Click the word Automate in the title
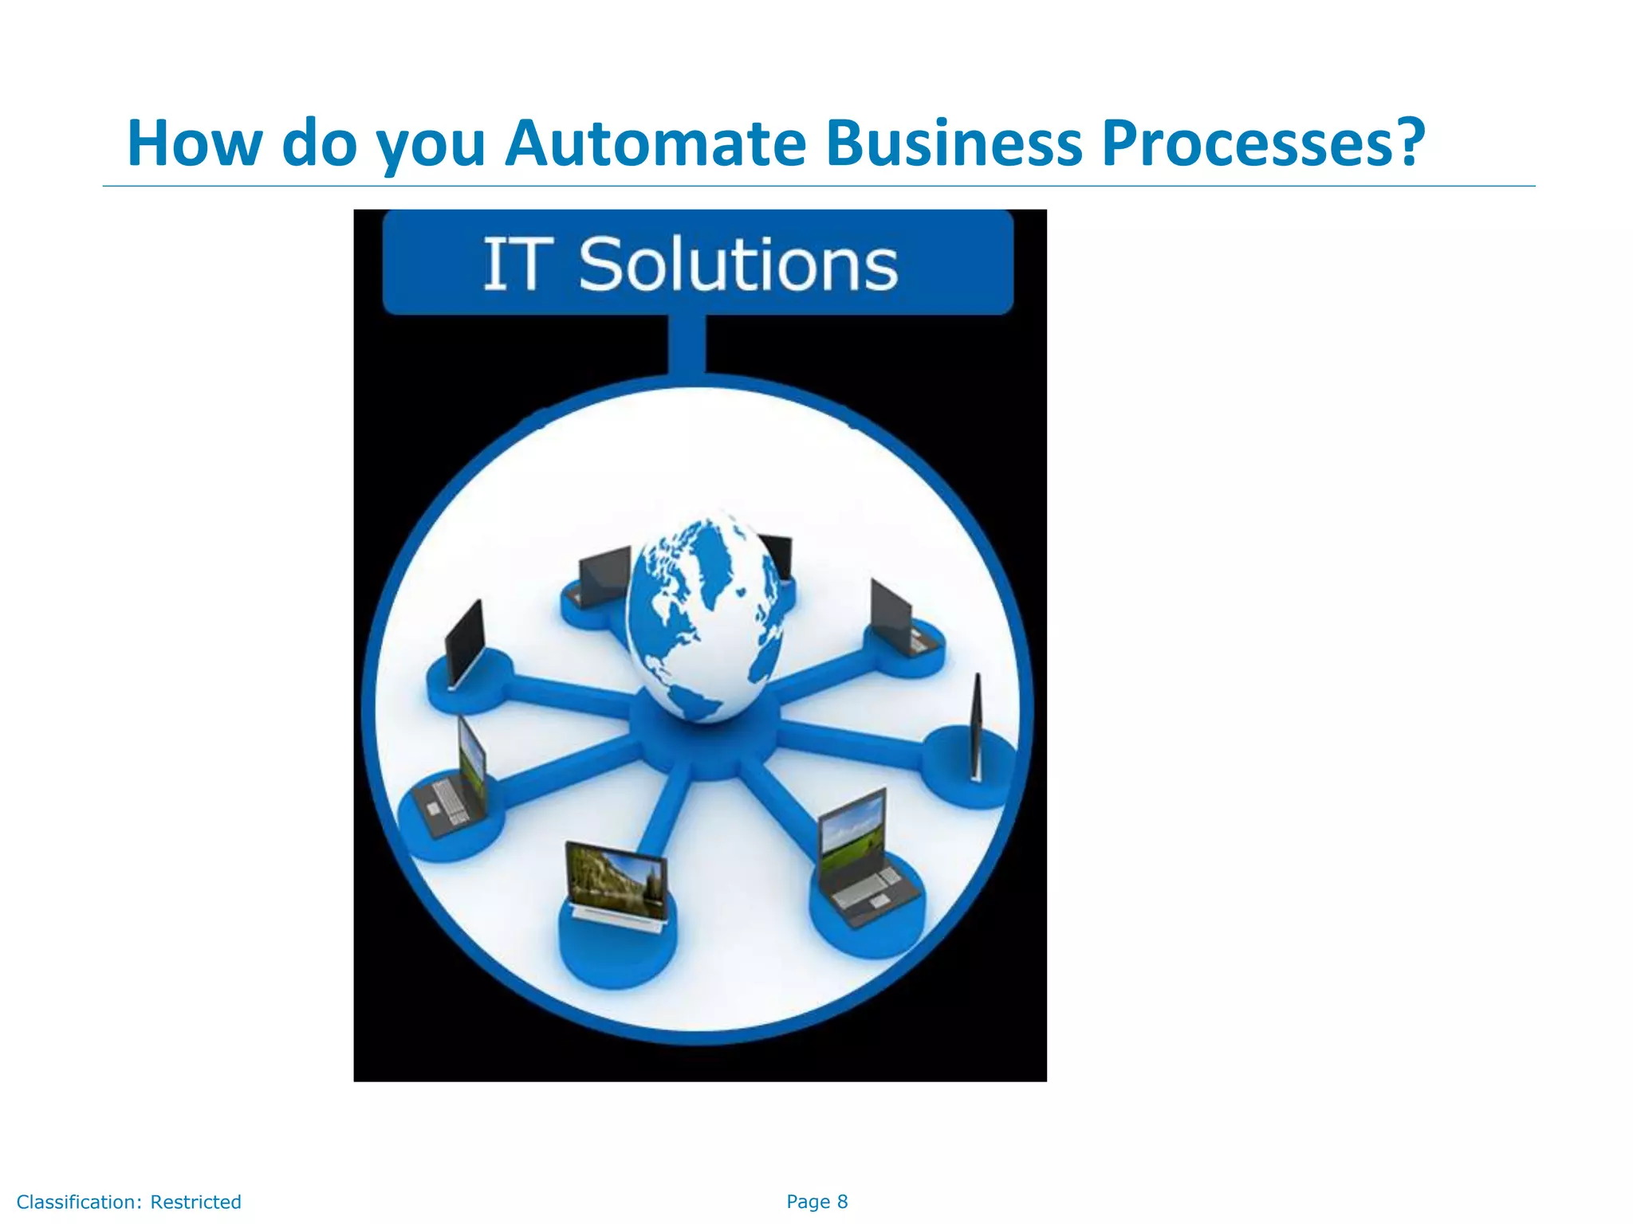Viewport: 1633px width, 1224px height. click(655, 144)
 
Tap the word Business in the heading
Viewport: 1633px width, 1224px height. click(954, 144)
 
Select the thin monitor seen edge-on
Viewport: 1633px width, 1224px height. click(976, 727)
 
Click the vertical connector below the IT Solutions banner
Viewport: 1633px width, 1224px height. click(687, 344)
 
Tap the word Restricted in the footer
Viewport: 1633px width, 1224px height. click(195, 1202)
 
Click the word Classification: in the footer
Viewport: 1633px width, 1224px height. click(79, 1202)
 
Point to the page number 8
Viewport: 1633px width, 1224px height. click(842, 1202)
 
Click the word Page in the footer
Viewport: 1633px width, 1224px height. click(808, 1202)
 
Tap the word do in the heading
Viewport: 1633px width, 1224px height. click(319, 144)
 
